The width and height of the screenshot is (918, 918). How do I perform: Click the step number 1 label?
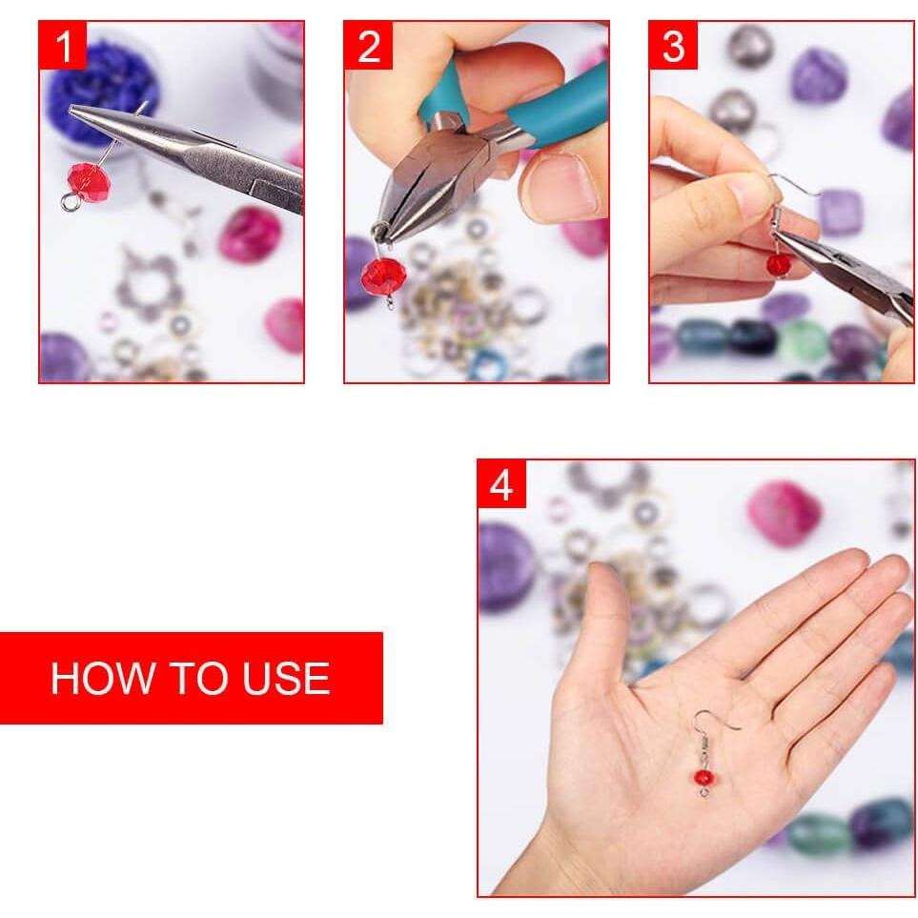pos(63,46)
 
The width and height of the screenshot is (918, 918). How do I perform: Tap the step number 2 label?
pos(368,46)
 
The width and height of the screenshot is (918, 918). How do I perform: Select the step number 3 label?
pos(673,46)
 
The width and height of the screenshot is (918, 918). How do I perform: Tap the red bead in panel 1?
pos(89,180)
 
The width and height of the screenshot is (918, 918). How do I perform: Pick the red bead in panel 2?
pos(383,275)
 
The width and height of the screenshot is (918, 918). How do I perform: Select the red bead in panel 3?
pos(779,264)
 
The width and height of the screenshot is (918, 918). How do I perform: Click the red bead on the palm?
pos(704,777)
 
